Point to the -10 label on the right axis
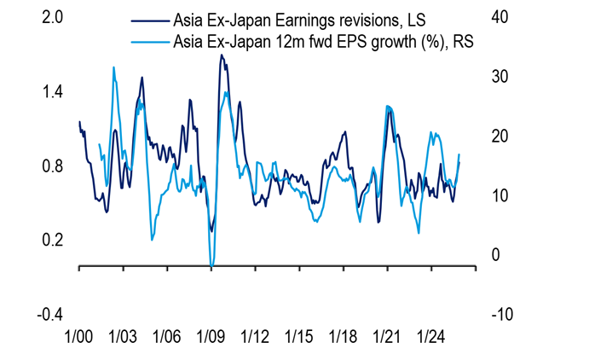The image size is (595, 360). [x=501, y=315]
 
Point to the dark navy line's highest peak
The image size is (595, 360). [x=222, y=55]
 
